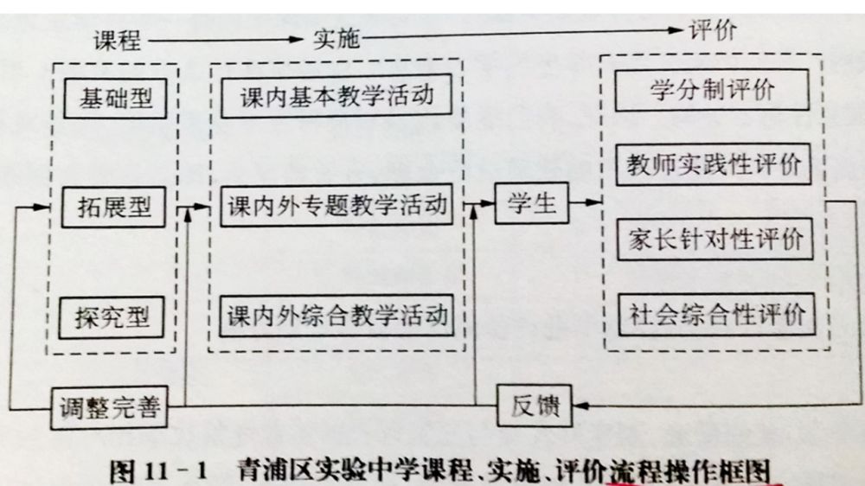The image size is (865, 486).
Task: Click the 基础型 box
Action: (x=115, y=98)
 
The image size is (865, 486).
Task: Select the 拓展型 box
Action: (x=115, y=208)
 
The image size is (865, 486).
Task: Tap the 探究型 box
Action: (x=115, y=317)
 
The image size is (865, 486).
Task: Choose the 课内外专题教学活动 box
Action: (x=337, y=207)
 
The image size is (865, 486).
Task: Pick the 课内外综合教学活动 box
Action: (x=337, y=315)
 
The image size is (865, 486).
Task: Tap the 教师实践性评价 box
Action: (x=714, y=164)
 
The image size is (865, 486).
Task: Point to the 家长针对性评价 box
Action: (x=714, y=239)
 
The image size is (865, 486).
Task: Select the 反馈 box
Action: (x=536, y=406)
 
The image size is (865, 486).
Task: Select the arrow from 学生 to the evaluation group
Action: (x=586, y=203)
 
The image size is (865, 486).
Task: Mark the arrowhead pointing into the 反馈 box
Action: (x=580, y=406)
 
